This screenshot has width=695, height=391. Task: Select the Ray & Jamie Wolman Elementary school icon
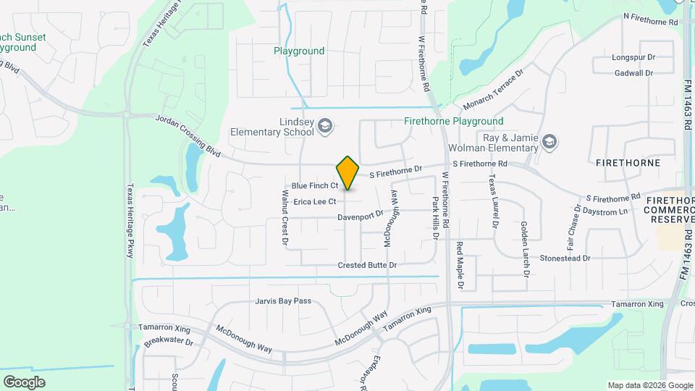pos(549,141)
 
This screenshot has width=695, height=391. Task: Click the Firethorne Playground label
pos(453,122)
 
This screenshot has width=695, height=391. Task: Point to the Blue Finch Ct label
pos(311,186)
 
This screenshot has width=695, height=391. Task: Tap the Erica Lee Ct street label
pos(314,201)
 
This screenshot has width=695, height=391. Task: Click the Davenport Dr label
pos(360,215)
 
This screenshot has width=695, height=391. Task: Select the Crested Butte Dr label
pos(367,266)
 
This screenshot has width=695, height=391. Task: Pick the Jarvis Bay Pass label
pos(283,300)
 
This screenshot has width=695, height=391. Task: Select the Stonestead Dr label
pos(565,258)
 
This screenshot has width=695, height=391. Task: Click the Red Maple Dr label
pos(460,266)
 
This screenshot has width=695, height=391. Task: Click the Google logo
pos(24,382)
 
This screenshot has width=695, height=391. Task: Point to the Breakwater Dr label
pos(169,342)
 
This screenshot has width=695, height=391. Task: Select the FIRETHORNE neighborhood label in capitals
pos(628,163)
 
